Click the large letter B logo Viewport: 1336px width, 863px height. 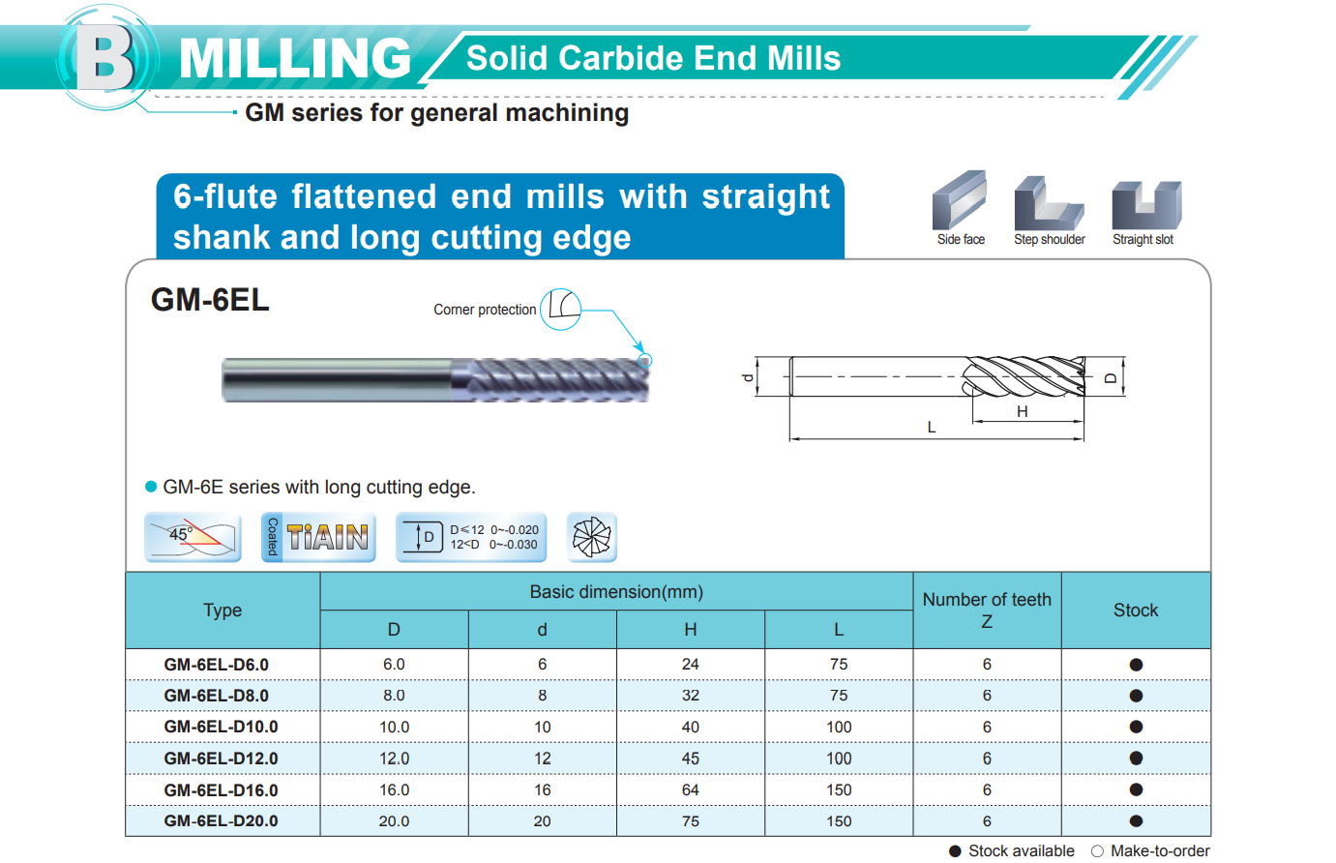(x=105, y=58)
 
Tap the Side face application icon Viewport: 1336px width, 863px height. (x=960, y=200)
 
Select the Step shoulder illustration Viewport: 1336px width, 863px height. (x=1049, y=203)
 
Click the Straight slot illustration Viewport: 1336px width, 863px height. (x=1146, y=204)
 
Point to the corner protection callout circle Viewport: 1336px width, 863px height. (x=561, y=309)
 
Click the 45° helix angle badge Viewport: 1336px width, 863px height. (x=193, y=537)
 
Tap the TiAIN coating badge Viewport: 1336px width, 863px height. (x=318, y=537)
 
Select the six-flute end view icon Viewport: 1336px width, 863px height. (x=592, y=537)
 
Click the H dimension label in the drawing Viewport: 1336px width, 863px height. (x=1023, y=411)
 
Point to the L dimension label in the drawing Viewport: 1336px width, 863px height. (x=932, y=427)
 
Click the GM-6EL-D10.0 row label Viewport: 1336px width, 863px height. (x=221, y=727)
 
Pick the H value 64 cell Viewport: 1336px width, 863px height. (x=690, y=789)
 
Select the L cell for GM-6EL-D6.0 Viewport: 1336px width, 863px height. (x=839, y=664)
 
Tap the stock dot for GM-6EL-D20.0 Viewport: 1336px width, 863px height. (x=1136, y=820)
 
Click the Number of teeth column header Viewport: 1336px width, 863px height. (x=987, y=610)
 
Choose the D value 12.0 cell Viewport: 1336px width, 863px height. (x=395, y=759)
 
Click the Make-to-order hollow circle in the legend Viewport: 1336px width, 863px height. (x=1097, y=851)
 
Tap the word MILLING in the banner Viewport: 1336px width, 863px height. (x=295, y=58)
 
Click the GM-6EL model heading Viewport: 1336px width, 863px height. (x=210, y=299)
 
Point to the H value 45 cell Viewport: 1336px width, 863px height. (x=690, y=759)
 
